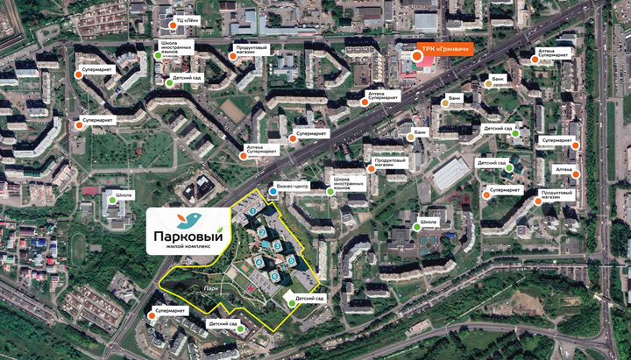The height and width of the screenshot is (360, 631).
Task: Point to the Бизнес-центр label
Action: coord(293,186)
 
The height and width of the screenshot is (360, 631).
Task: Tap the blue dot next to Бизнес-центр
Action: coord(272,187)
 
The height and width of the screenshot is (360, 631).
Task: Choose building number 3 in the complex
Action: coord(277,246)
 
